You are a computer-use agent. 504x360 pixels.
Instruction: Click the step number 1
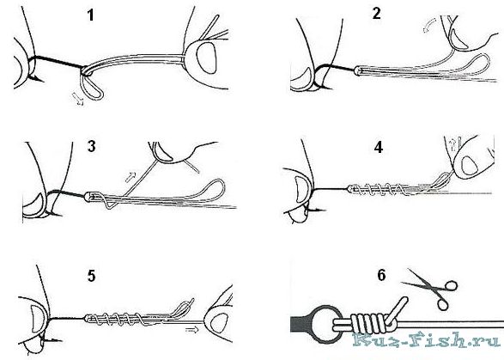91,15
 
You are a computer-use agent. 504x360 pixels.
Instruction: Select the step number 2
376,13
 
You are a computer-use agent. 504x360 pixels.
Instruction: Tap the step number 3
92,146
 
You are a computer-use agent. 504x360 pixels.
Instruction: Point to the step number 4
379,147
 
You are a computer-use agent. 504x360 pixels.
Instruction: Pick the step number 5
92,276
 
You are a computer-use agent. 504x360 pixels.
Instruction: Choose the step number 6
381,276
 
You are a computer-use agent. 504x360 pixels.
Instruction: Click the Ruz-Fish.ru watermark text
427,341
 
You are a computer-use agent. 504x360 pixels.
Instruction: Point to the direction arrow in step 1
78,99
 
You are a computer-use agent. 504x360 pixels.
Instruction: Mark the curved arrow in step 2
429,25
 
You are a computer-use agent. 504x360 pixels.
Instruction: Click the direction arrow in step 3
131,177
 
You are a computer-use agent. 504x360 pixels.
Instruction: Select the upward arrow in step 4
453,144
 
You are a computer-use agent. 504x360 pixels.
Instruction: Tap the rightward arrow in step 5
191,330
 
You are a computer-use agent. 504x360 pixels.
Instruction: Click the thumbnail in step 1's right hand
206,58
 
